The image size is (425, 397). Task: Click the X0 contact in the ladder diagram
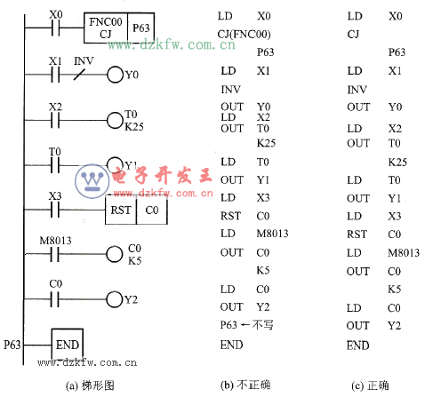point(55,28)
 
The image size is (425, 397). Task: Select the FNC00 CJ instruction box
point(106,28)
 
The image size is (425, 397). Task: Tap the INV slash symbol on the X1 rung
point(79,75)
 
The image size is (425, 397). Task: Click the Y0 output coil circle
point(115,75)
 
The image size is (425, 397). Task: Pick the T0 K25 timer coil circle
point(115,120)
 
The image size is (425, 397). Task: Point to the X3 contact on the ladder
point(55,210)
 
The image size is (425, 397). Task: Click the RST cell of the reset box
point(121,210)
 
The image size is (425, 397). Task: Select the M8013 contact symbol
point(55,254)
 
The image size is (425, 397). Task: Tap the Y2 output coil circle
point(115,299)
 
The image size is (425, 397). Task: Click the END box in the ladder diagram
point(68,345)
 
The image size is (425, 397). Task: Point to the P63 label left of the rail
point(12,345)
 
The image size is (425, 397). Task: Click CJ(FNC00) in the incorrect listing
point(244,35)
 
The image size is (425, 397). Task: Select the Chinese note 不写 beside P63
point(263,325)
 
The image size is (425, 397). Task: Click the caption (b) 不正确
point(245,385)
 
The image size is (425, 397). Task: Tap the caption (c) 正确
point(370,385)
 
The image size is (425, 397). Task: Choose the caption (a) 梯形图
point(90,385)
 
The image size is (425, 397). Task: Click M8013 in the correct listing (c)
point(404,252)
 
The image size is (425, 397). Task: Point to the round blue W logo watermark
point(92,180)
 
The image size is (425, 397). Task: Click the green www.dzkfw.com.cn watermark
point(172,44)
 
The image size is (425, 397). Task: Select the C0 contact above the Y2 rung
point(55,299)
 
